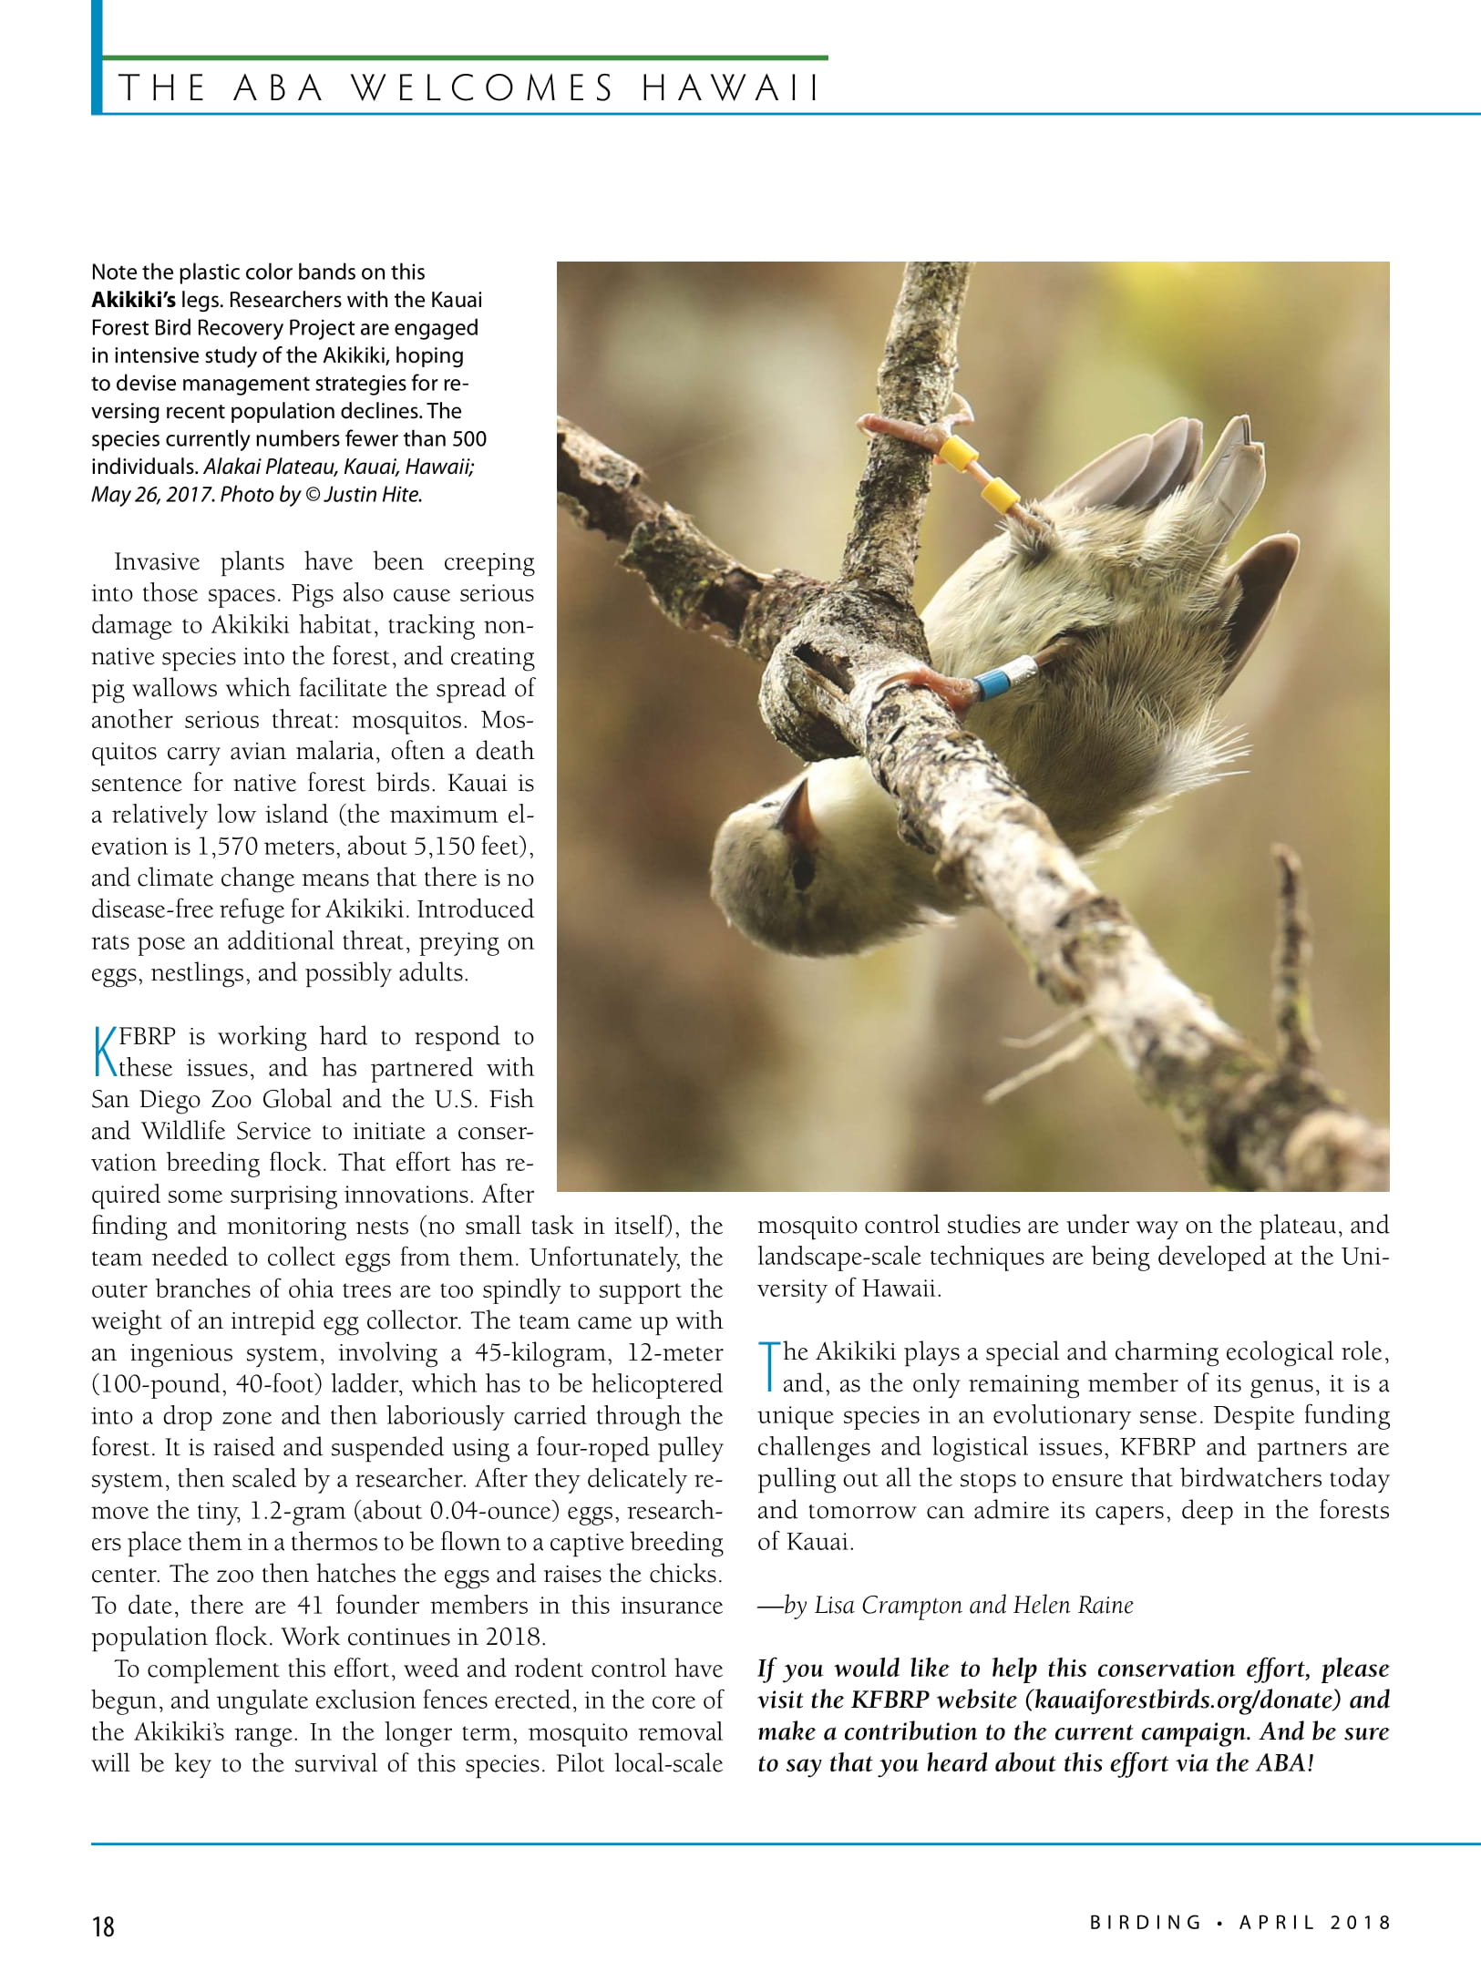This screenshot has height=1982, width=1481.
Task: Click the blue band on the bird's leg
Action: point(992,683)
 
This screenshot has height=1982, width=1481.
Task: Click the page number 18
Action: point(103,1926)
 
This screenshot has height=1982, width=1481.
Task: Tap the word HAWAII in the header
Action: point(730,88)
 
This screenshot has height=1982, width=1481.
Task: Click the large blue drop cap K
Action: point(105,1052)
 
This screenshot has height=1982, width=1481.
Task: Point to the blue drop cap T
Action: point(769,1367)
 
